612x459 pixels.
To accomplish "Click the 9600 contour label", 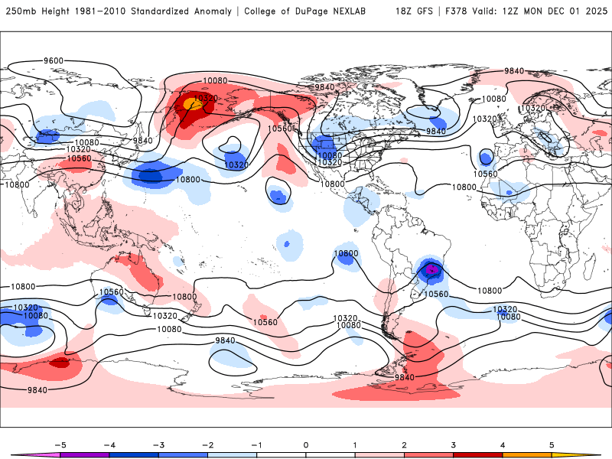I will tap(54, 60).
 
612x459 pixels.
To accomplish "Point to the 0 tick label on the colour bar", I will tap(305, 444).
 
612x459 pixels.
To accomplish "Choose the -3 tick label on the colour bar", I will tap(158, 444).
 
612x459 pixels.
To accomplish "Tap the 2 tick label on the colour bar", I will tap(404, 444).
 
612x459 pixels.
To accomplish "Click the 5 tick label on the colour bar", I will tap(552, 444).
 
